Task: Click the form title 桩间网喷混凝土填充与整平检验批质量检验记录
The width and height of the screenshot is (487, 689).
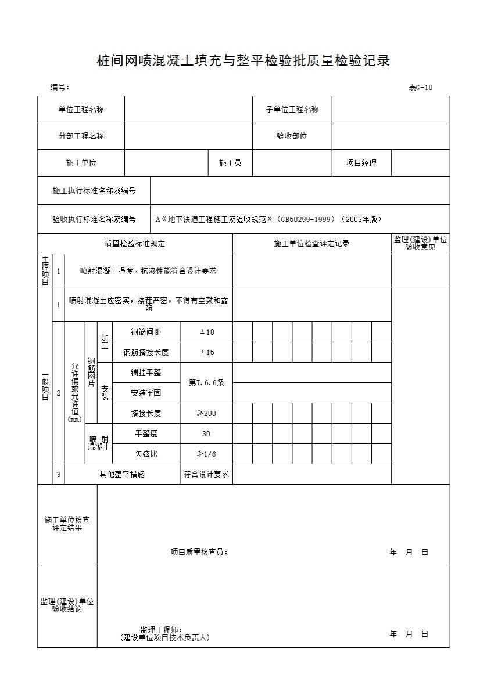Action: [243, 61]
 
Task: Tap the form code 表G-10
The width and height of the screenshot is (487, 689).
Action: [421, 88]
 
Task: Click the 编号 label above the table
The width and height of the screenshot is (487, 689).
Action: [59, 88]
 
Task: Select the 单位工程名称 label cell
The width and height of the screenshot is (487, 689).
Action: [81, 109]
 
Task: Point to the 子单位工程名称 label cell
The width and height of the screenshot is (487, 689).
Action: [292, 109]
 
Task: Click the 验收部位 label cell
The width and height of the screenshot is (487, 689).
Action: [292, 137]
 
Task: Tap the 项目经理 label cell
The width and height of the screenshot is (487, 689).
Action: [361, 163]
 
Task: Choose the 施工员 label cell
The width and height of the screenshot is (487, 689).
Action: [230, 163]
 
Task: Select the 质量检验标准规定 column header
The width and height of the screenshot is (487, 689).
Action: [135, 244]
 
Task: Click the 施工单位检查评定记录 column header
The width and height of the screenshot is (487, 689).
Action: [311, 244]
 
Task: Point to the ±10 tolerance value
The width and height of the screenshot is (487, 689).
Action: [206, 332]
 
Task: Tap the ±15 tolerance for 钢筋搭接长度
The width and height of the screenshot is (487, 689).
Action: [206, 353]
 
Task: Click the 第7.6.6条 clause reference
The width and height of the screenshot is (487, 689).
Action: [206, 383]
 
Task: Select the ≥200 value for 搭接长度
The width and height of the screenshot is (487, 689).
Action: [206, 414]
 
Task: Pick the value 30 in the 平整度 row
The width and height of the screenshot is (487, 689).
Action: [206, 434]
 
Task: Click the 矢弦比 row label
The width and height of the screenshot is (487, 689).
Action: [146, 454]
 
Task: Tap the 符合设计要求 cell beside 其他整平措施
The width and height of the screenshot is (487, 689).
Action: [206, 474]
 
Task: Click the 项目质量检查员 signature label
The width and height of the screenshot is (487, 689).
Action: [199, 552]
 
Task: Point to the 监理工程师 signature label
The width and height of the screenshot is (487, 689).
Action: [161, 630]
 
